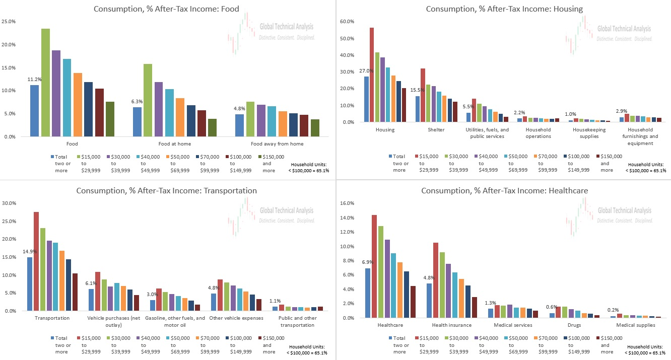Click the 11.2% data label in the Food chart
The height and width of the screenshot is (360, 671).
click(x=35, y=80)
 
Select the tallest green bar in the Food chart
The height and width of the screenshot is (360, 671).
click(x=45, y=83)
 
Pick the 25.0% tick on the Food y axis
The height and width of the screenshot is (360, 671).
click(x=12, y=22)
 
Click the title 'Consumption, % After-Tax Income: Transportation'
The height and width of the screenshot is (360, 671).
click(x=166, y=191)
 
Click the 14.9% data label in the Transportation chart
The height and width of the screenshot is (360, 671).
click(x=30, y=252)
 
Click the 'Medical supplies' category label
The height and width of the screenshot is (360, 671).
click(x=636, y=325)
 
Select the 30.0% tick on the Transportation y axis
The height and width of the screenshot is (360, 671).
click(x=9, y=203)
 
